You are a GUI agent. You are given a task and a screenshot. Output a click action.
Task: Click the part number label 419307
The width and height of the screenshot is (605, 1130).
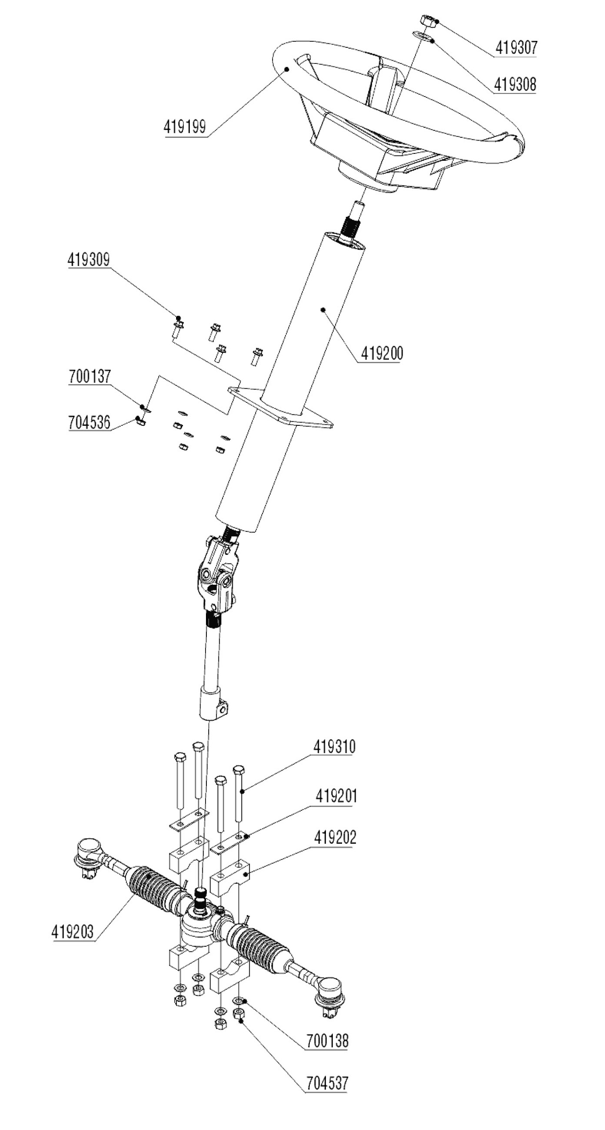click(516, 47)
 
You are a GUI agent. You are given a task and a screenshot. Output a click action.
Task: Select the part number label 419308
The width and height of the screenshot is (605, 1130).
click(515, 85)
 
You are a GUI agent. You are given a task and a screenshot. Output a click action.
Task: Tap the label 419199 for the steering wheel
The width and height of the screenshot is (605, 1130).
click(185, 127)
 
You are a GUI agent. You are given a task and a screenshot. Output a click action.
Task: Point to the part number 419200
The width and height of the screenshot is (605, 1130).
click(382, 353)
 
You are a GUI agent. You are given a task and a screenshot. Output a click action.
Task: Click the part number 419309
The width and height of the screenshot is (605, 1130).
click(89, 260)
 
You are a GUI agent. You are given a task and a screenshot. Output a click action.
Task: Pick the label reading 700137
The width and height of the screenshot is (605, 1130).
click(90, 376)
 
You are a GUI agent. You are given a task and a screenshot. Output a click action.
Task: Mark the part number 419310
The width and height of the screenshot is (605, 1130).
click(335, 747)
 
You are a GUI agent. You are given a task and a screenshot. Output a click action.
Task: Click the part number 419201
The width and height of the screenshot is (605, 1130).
click(336, 796)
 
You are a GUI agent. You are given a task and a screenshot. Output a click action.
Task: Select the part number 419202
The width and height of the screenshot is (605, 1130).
click(335, 837)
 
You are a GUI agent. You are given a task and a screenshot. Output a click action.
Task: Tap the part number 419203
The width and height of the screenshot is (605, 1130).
click(73, 932)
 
